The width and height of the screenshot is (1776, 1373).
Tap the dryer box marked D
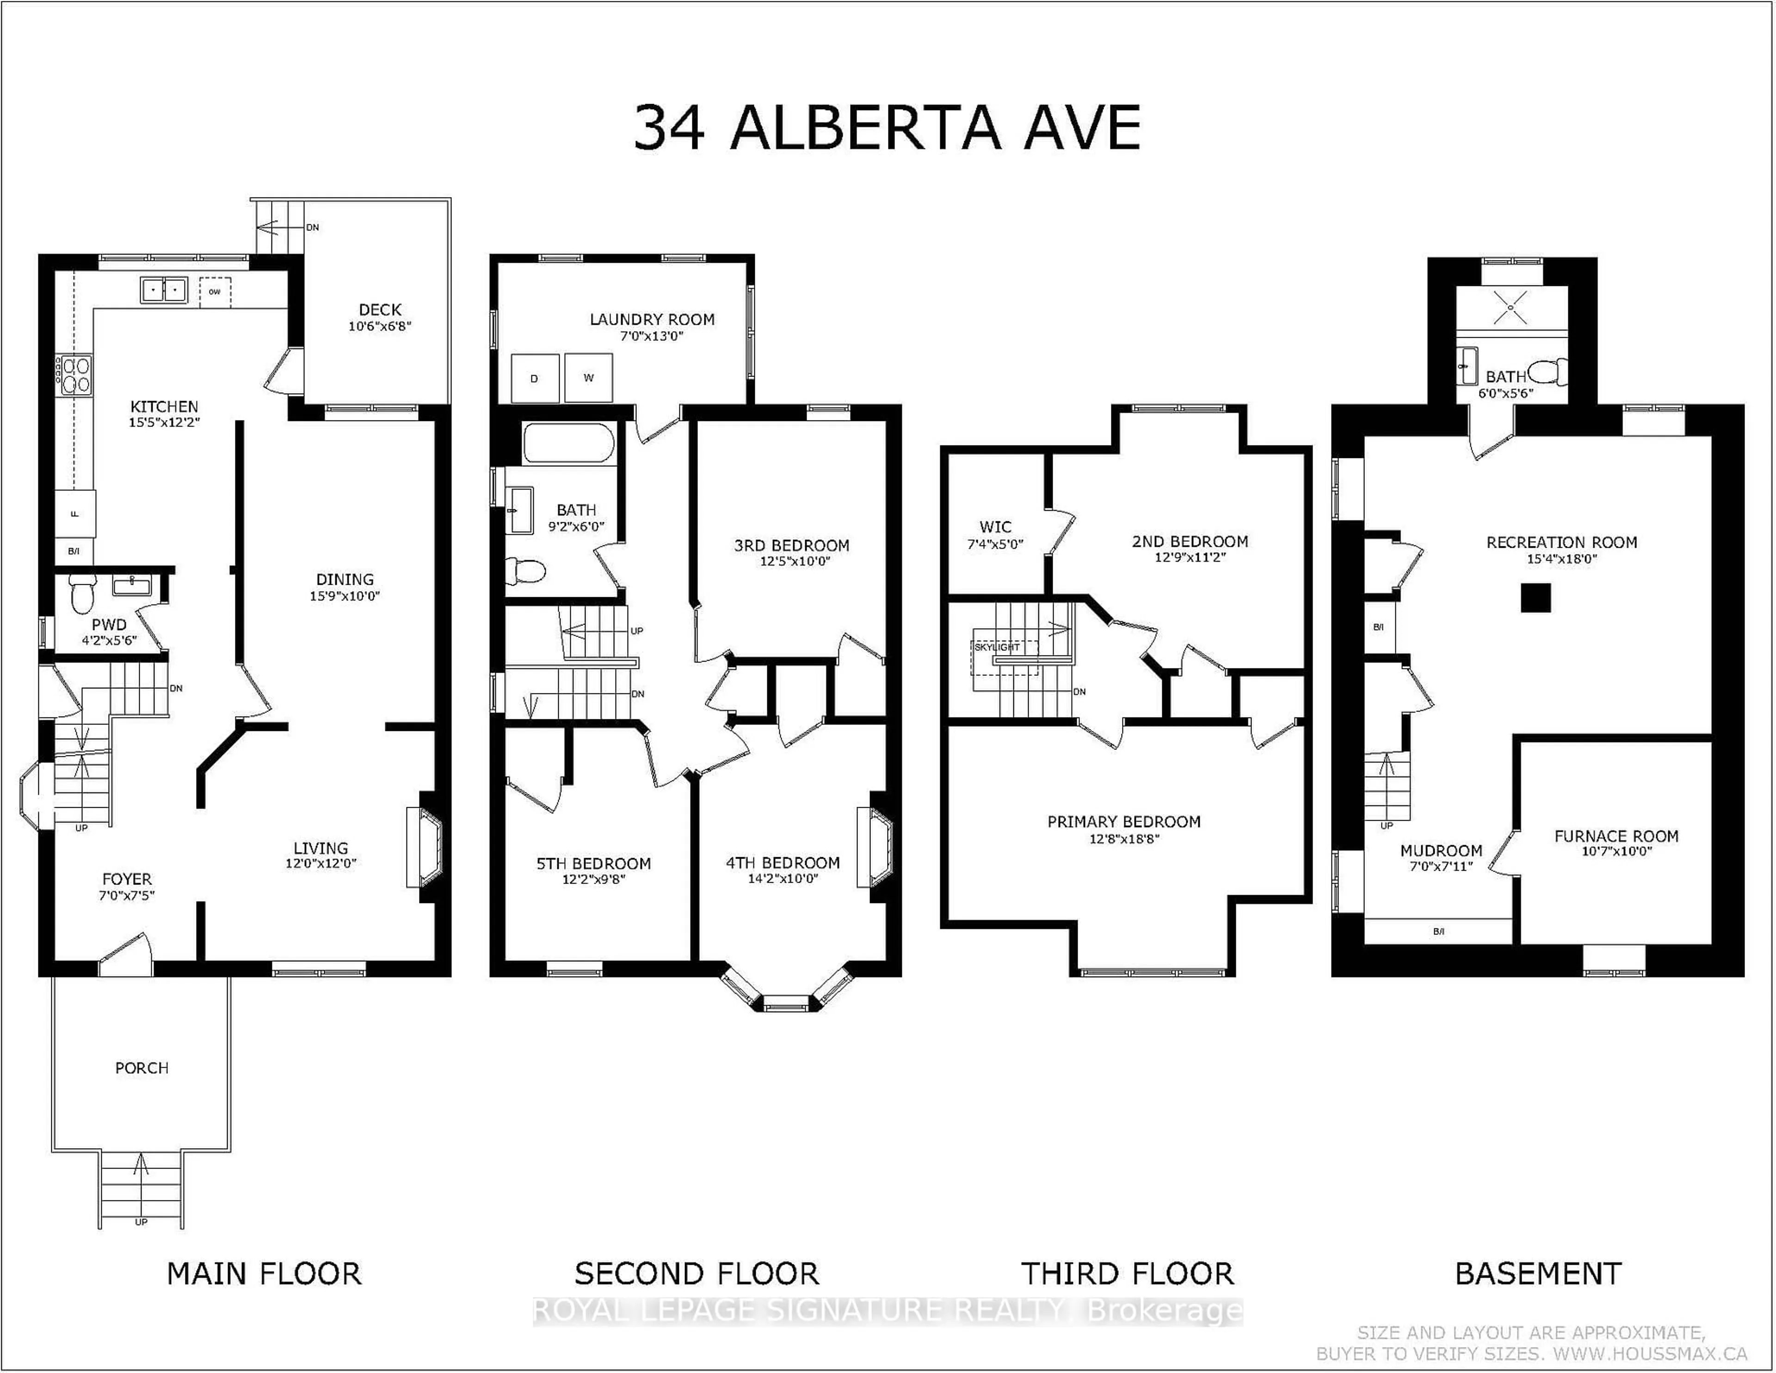point(534,378)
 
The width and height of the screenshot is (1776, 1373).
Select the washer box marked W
point(588,378)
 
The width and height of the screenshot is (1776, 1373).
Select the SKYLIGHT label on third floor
point(997,647)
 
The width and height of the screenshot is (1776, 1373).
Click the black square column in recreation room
point(1536,598)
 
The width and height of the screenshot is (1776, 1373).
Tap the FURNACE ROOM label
point(1616,836)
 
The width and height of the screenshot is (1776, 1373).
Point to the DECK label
point(380,310)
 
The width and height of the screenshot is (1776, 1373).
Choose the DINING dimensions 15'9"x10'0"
point(345,595)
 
